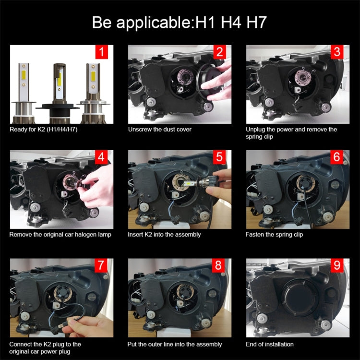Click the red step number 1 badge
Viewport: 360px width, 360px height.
[101, 51]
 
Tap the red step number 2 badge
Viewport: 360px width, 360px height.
[219, 52]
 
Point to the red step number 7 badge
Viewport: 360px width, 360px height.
[101, 265]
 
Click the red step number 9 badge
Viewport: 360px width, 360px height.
[337, 265]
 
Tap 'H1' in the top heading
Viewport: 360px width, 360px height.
[201, 22]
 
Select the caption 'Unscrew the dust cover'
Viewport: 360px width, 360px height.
[159, 130]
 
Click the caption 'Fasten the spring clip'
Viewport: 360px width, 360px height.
[274, 235]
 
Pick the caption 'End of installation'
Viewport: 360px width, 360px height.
[269, 344]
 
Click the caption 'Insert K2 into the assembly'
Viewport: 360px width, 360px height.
[164, 235]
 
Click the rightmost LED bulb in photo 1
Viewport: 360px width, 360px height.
[90, 91]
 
